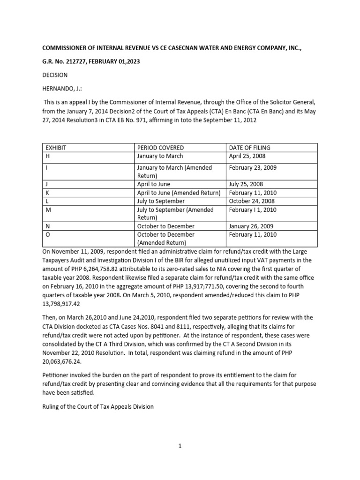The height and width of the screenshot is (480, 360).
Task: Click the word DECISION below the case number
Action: pyautogui.click(x=55, y=75)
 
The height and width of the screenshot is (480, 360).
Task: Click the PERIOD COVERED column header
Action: pyautogui.click(x=160, y=148)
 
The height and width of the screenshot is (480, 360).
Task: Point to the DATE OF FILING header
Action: pyautogui.click(x=249, y=148)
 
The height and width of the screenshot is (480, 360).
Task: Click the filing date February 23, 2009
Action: pyautogui.click(x=253, y=167)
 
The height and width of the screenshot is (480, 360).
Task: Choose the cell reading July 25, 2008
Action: pyautogui.click(x=246, y=184)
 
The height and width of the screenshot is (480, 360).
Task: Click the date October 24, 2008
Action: pyautogui.click(x=251, y=201)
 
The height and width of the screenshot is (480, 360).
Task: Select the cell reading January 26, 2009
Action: pyautogui.click(x=251, y=226)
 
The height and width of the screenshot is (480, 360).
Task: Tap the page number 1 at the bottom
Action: pyautogui.click(x=180, y=446)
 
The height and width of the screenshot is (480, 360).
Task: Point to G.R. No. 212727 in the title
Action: pyautogui.click(x=70, y=61)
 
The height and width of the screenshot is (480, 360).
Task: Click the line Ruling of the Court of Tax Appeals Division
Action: pyautogui.click(x=97, y=406)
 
